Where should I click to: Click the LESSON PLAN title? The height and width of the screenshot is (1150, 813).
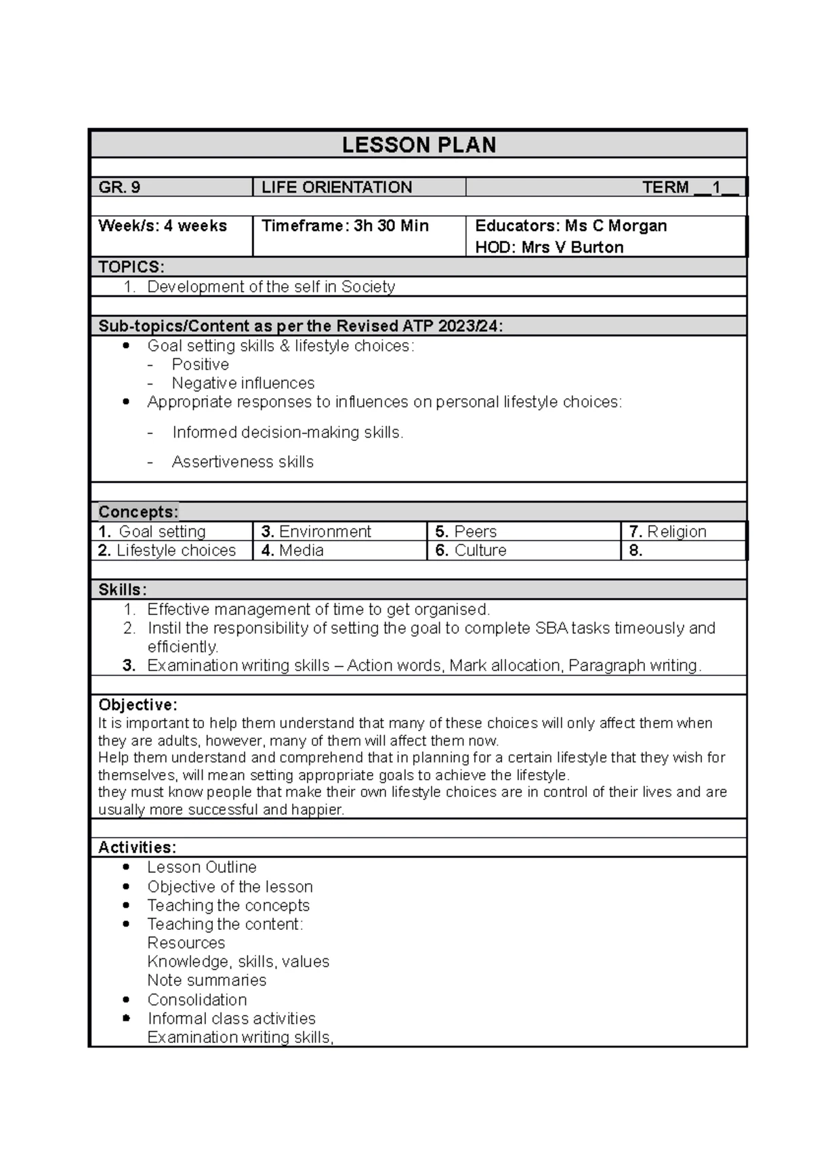419,145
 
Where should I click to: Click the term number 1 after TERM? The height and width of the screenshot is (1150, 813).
716,188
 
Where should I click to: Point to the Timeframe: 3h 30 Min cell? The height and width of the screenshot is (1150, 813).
345,226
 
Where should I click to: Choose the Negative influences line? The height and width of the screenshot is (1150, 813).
243,383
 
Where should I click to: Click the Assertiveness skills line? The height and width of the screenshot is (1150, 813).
243,462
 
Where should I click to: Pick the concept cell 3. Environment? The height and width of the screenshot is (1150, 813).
316,532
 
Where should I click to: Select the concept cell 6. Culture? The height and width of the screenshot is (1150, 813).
471,551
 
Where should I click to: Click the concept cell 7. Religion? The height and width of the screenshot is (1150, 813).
668,532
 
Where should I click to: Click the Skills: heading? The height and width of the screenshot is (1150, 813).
123,590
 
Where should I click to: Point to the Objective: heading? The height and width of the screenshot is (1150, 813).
138,705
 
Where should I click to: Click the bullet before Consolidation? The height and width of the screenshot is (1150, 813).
126,1000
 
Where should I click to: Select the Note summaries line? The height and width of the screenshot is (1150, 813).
207,980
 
